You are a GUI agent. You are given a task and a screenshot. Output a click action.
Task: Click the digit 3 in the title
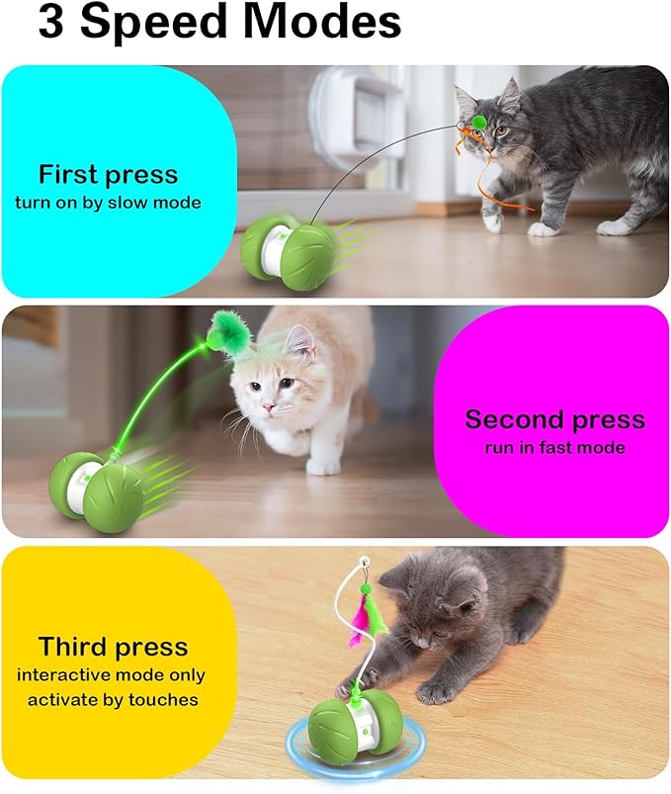tap(50, 23)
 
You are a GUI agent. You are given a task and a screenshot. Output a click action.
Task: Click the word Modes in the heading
tap(324, 23)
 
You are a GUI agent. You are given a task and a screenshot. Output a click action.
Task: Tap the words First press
tap(109, 175)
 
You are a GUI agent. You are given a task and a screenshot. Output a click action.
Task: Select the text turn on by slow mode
tap(108, 203)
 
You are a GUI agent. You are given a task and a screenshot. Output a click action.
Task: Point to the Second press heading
tap(555, 420)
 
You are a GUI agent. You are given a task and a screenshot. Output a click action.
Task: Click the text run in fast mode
tap(554, 448)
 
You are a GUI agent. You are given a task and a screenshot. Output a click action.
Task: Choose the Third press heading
tap(113, 647)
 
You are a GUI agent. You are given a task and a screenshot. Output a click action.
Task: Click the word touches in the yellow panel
tap(163, 700)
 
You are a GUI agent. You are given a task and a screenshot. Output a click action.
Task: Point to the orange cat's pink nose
tap(268, 406)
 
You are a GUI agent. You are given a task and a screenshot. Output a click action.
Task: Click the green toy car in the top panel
tap(287, 251)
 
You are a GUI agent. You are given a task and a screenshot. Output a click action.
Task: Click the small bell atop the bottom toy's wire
tap(365, 562)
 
